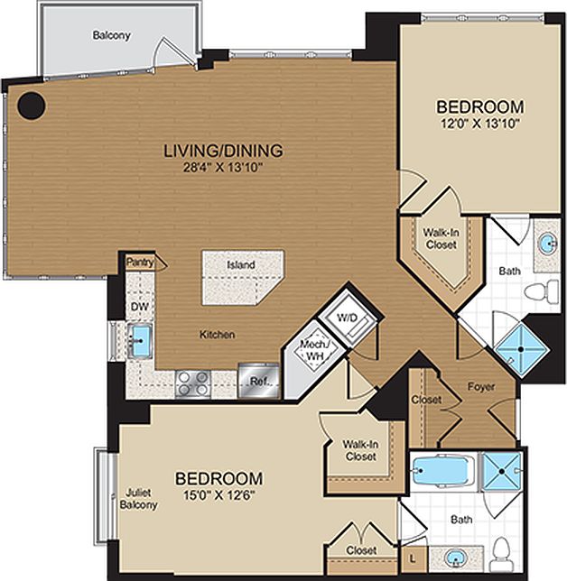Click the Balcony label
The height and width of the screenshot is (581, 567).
(111, 36)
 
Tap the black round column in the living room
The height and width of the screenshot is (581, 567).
(33, 106)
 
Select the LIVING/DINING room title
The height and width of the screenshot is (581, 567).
(223, 150)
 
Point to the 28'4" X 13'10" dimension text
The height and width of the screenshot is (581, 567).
(223, 167)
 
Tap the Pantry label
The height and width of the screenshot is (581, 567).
(140, 263)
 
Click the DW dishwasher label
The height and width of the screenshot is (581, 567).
(139, 307)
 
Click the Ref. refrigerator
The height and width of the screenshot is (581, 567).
(257, 383)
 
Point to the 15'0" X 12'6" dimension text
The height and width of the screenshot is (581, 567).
(218, 495)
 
